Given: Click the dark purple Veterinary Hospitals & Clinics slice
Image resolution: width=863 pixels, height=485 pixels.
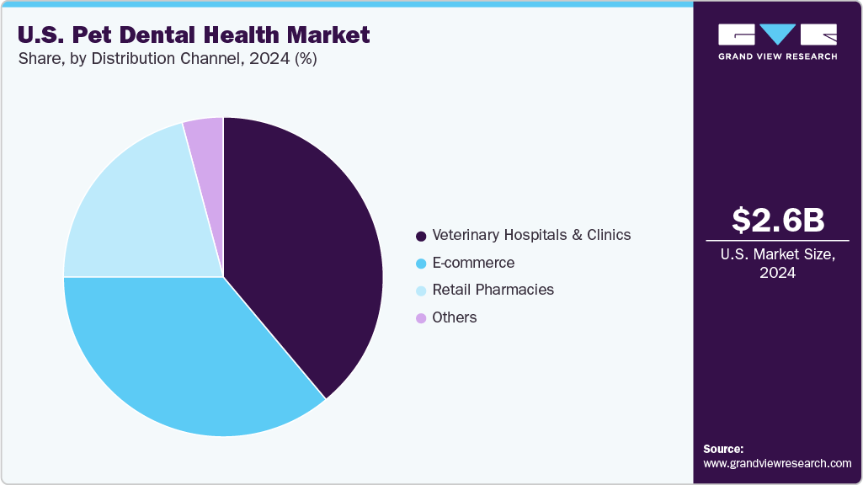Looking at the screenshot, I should point(303,253).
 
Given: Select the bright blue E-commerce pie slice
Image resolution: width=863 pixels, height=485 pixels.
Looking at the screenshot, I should point(185,354).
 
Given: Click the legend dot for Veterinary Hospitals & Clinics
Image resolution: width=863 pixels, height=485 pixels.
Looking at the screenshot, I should point(420,236).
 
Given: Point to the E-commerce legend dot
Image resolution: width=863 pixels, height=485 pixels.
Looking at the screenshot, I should point(420,264).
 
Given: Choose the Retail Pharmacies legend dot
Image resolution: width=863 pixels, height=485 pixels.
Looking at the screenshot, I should point(420,290).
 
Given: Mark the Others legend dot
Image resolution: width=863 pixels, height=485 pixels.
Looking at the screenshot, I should point(420,318).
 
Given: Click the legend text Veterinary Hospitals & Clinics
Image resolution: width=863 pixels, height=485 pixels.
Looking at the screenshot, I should point(531,235).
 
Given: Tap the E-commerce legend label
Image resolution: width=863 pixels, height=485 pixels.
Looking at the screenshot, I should point(473,263).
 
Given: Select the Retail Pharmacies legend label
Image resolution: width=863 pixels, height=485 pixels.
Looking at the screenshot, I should point(493,290).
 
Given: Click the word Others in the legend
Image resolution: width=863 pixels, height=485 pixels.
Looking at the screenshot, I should point(455,317).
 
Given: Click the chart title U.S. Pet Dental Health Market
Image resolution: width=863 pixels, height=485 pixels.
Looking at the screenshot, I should point(194,35).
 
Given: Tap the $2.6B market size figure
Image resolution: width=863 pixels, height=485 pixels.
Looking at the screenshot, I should point(778,220).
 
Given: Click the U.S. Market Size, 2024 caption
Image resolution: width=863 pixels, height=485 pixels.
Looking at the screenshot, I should point(778,264).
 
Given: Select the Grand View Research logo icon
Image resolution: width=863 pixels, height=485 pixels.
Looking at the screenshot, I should point(778,35).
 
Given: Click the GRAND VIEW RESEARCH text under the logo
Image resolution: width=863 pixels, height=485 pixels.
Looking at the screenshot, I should point(778,56).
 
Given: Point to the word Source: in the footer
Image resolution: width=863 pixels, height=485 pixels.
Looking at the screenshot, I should point(723,449).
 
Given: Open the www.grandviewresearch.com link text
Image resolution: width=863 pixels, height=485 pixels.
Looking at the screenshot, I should point(777,463).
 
